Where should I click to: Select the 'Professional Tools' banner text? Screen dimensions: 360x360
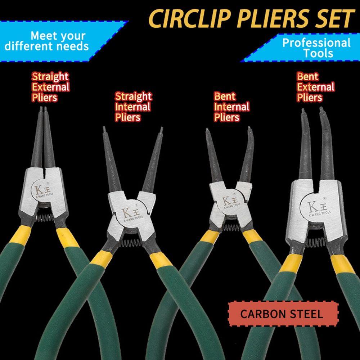coord(316,48)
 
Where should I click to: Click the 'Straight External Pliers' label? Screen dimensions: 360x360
coord(50,87)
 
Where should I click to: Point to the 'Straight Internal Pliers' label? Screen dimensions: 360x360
coord(133,107)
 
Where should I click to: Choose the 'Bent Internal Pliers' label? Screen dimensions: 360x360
coord(231,107)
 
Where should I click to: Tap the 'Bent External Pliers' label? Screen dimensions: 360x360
coord(315,87)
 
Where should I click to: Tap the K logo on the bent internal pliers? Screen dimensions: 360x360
coord(230,201)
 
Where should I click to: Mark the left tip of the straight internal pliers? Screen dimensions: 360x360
coord(103,129)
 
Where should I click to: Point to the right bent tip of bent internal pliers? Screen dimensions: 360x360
coord(249,128)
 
